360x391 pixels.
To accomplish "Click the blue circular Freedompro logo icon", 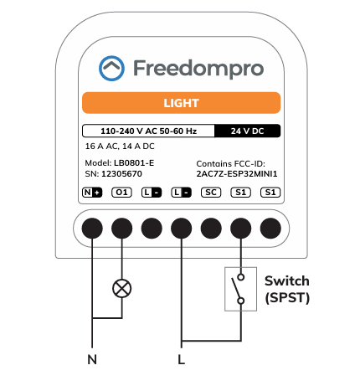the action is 111,68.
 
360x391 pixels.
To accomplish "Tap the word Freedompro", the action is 198,69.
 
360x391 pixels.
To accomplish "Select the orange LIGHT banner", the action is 181,103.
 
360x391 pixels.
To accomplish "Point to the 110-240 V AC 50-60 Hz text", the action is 148,131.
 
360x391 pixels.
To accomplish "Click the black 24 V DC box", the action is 247,131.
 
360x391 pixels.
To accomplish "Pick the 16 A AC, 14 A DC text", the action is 120,147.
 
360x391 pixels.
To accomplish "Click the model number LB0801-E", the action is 134,163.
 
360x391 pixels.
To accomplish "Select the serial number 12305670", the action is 121,174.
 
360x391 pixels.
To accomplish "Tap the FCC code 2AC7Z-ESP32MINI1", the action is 237,174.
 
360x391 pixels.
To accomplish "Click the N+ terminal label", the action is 92,193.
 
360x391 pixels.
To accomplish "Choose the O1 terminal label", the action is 121,193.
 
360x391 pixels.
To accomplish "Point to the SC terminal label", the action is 211,193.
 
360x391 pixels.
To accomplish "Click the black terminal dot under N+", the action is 92,229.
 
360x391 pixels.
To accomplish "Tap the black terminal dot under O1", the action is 121,229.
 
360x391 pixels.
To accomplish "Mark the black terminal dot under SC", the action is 211,229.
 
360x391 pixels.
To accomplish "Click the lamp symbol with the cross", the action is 122,288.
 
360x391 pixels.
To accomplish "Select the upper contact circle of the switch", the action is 241,277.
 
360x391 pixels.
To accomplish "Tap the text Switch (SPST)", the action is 287,290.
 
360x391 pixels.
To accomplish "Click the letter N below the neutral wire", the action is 92,359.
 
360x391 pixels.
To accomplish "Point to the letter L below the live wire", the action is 182,359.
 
